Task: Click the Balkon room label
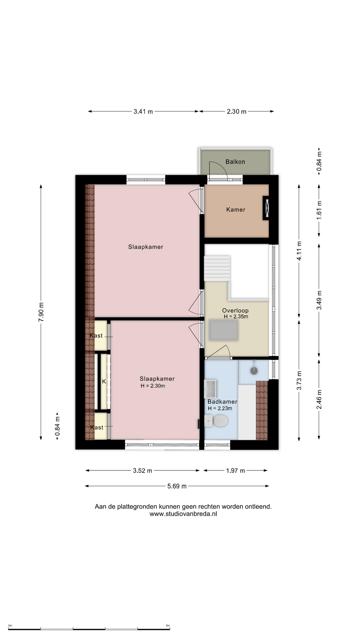pos(235,162)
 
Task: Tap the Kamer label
pos(236,210)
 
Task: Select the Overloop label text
pos(235,311)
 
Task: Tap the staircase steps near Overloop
pos(217,269)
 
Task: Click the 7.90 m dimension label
pos(41,312)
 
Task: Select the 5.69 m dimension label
pos(177,486)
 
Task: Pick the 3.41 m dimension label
pos(143,112)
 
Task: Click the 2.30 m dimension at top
pos(237,112)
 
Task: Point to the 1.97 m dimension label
pos(235,471)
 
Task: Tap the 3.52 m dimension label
pos(142,471)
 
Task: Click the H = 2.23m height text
pos(220,408)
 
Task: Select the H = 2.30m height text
pos(153,386)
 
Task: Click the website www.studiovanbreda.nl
pos(183,514)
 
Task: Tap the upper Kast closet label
pos(96,336)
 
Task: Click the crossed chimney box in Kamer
pos(266,208)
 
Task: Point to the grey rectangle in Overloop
pos(224,330)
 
